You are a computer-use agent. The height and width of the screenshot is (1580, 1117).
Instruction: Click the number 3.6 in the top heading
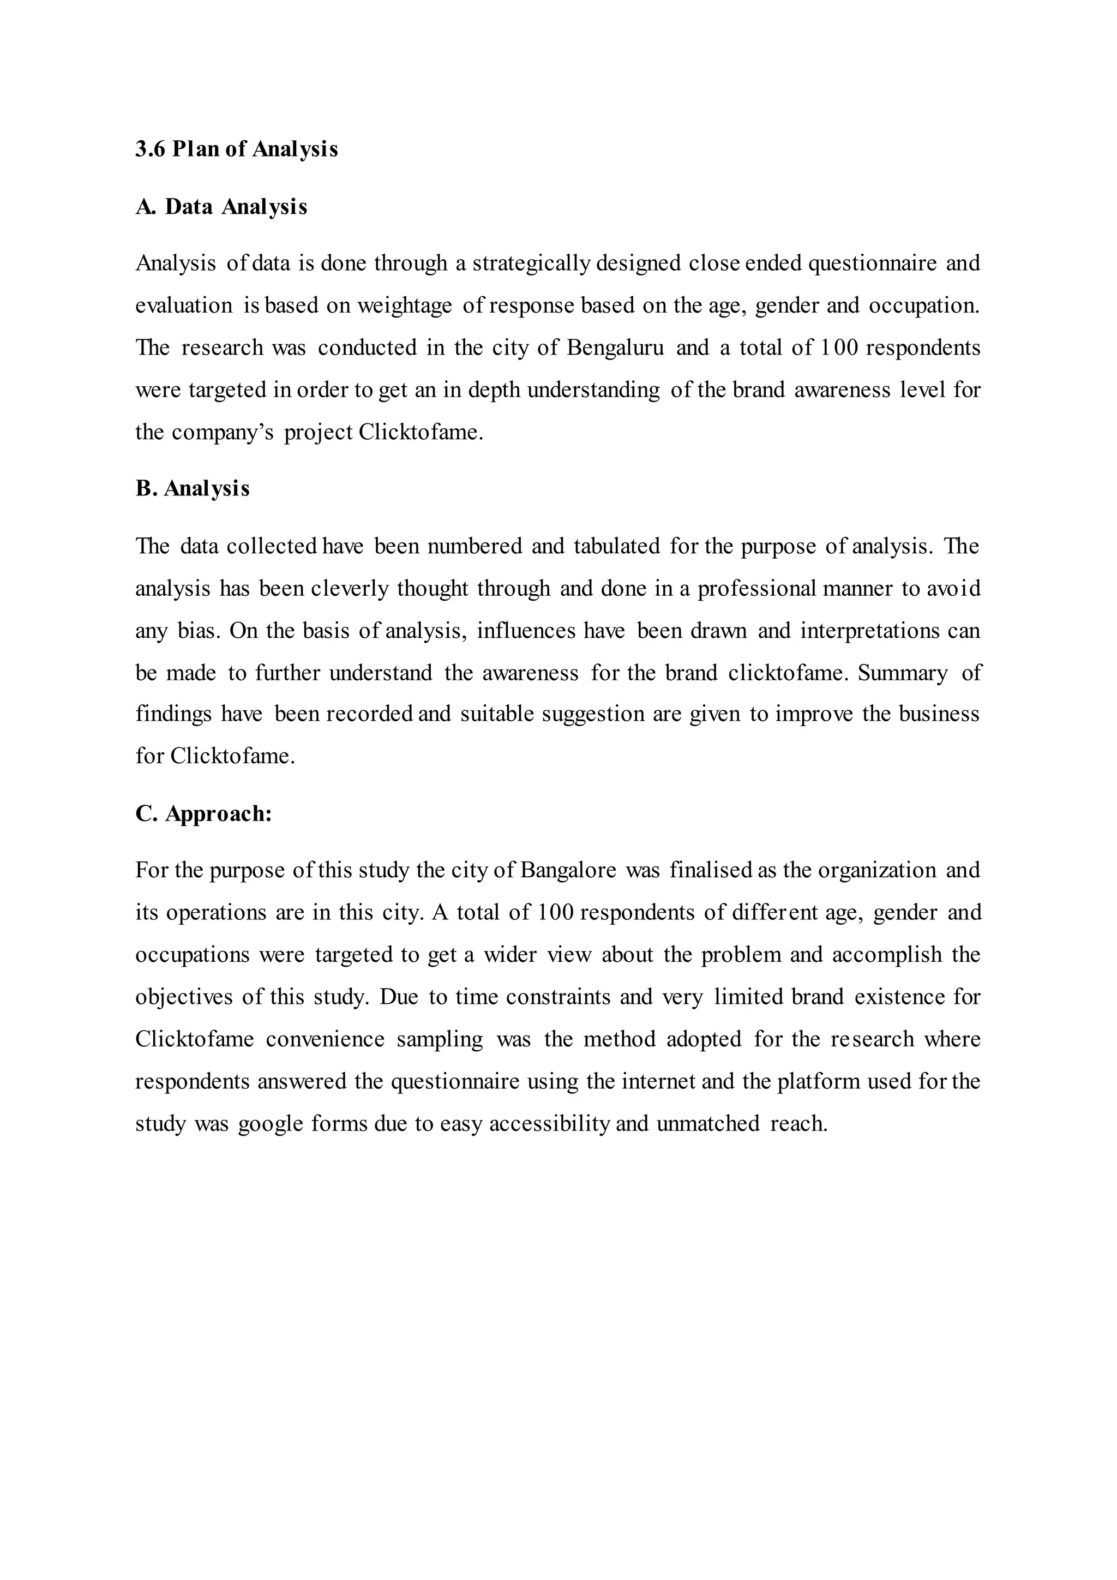click(x=150, y=149)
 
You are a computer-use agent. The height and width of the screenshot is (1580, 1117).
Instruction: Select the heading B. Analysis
click(x=192, y=489)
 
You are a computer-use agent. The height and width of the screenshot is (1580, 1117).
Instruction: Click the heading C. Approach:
click(x=203, y=814)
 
